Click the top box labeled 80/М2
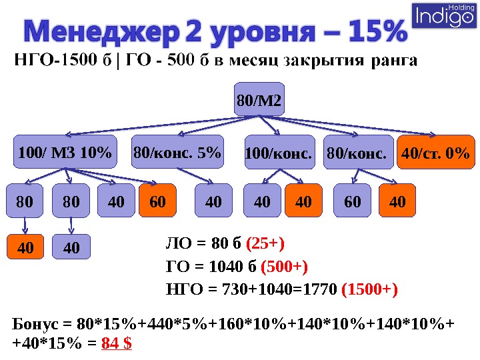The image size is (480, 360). click(259, 101)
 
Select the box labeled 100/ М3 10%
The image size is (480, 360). click(65, 154)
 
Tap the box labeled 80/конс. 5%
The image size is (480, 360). click(177, 154)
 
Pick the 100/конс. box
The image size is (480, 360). click(279, 154)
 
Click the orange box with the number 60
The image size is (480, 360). click(158, 201)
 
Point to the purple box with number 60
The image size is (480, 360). click(353, 201)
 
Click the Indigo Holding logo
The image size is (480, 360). click(445, 15)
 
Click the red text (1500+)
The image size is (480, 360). click(369, 290)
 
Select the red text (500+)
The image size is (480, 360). click(284, 267)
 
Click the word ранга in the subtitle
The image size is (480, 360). click(393, 62)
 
